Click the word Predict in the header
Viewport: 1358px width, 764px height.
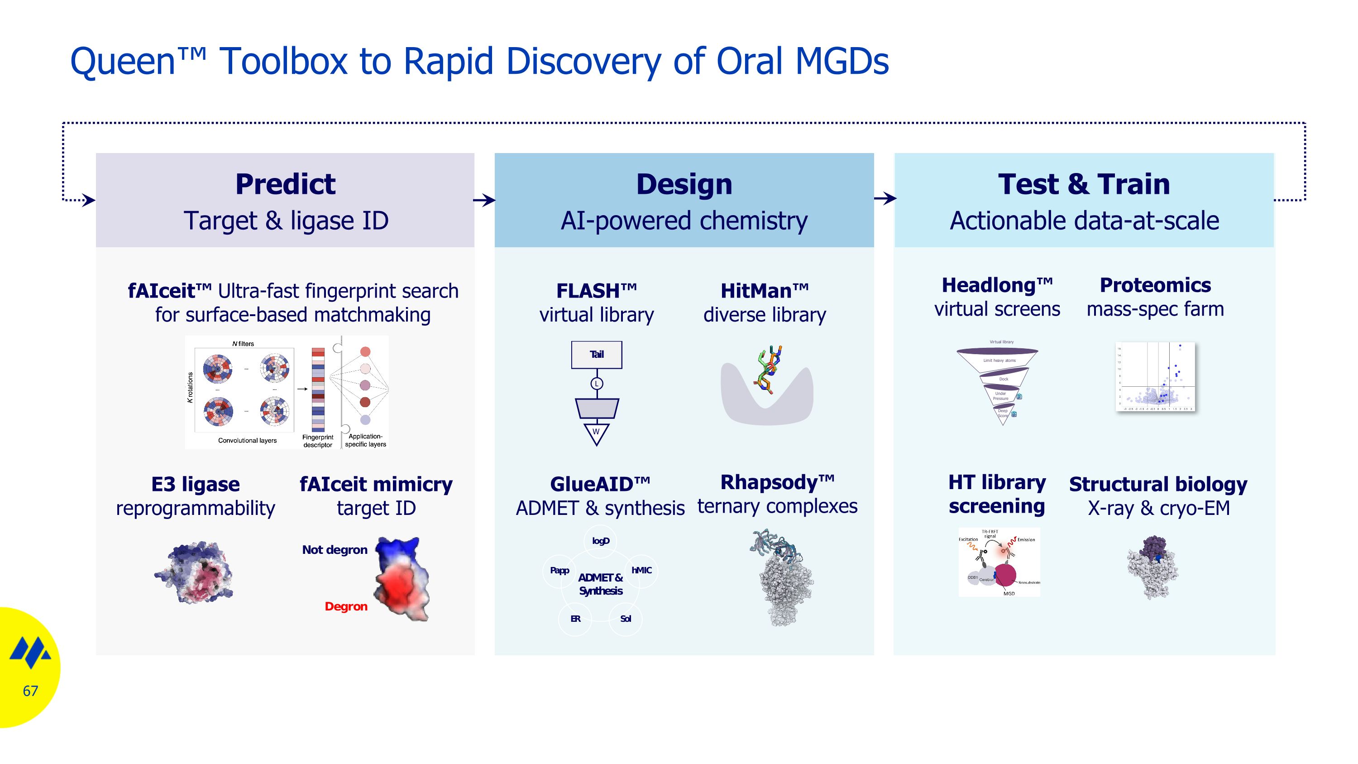point(285,184)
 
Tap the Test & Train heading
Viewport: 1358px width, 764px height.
point(1083,184)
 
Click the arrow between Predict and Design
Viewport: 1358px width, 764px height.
point(484,200)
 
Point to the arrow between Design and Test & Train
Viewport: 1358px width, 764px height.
point(885,199)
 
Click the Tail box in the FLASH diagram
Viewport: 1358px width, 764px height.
point(596,354)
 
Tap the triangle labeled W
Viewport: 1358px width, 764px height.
point(596,433)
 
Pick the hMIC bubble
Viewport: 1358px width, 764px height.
point(641,571)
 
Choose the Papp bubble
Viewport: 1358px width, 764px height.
point(559,571)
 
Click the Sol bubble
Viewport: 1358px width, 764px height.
point(626,619)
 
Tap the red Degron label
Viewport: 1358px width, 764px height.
point(346,606)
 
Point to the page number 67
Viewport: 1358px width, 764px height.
point(30,691)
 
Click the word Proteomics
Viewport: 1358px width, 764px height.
point(1155,285)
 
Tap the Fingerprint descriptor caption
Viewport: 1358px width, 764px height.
point(317,441)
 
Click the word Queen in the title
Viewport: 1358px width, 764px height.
point(122,61)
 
